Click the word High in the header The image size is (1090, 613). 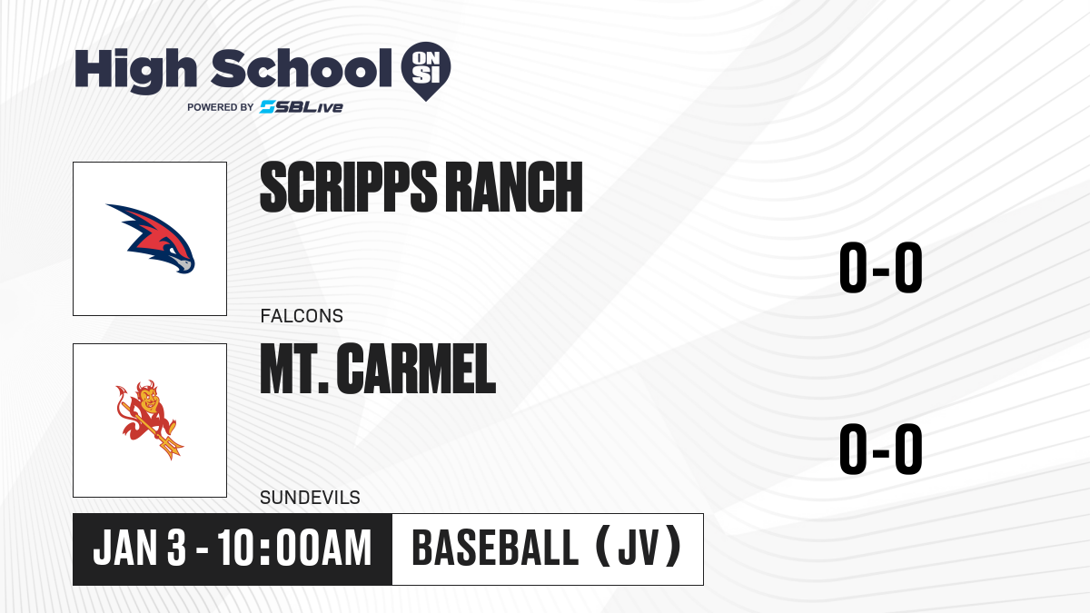135,70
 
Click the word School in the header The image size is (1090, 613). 302,68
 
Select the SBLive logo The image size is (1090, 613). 302,107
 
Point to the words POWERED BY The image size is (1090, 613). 221,107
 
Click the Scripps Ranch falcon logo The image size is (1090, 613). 151,238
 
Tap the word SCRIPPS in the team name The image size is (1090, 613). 349,187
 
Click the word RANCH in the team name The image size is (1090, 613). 514,187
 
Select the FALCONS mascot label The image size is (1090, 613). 302,316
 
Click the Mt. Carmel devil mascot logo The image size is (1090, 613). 149,420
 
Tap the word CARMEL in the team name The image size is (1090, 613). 416,369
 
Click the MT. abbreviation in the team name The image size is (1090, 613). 294,369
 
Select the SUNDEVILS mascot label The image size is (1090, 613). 310,498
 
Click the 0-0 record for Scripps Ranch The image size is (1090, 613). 881,268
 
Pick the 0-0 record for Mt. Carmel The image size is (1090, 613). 881,449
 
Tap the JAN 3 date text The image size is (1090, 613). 140,548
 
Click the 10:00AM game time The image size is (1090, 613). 294,548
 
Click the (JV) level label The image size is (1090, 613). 639,547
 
